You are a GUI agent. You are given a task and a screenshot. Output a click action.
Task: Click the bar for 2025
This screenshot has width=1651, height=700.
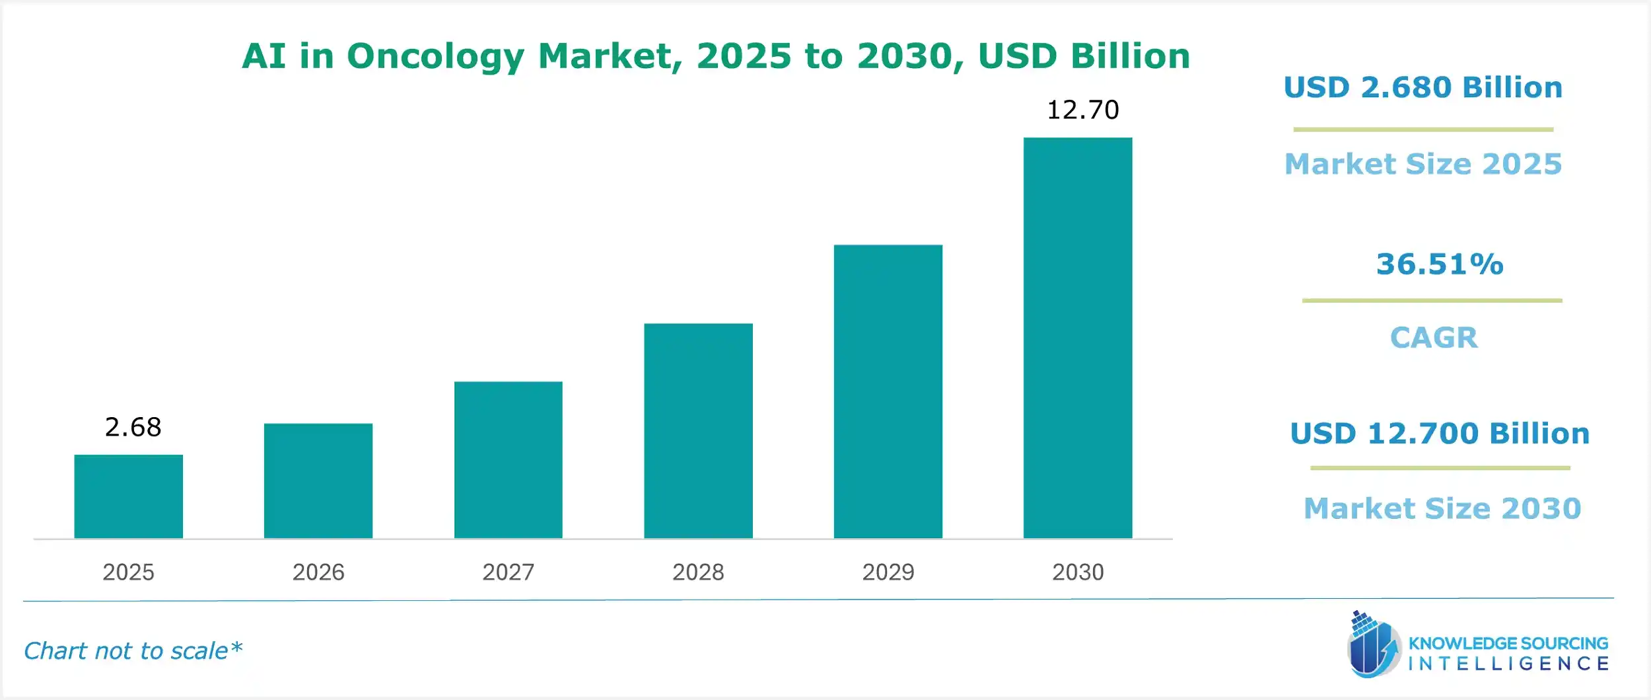point(128,496)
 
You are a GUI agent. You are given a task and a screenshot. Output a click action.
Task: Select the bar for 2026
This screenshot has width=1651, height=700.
point(318,481)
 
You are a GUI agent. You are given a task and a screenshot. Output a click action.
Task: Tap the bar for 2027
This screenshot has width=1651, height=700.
point(508,459)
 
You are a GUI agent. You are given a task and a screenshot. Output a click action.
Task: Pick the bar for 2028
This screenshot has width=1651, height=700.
point(698,430)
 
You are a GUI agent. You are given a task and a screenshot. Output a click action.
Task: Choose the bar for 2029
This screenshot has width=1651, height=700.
point(888,391)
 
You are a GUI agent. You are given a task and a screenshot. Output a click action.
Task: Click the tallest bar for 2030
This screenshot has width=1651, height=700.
point(1077,338)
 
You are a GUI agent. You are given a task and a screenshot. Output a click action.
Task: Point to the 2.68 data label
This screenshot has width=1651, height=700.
point(133,428)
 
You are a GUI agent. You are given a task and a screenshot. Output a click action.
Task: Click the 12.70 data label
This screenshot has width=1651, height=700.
point(1082,110)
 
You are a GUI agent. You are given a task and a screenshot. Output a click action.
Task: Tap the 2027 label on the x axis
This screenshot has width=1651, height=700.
point(508,572)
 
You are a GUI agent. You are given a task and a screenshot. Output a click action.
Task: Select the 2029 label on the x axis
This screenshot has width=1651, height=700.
point(888,572)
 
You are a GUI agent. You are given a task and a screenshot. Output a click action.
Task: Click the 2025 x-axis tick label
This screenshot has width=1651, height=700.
point(128,572)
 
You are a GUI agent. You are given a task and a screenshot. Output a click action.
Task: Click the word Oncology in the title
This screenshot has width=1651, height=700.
point(435,56)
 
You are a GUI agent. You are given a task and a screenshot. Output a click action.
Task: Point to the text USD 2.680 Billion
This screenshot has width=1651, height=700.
point(1423,87)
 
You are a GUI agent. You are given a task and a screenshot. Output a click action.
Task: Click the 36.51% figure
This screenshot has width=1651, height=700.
point(1440,264)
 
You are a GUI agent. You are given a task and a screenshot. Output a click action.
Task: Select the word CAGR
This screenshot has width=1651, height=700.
point(1434,338)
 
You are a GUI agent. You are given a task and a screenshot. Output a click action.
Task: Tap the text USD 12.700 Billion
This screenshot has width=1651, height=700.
point(1440,434)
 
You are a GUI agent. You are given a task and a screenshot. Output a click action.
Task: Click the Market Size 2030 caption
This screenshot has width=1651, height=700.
point(1442,508)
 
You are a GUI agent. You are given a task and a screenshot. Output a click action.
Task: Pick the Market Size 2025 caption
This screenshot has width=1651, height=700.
point(1423,164)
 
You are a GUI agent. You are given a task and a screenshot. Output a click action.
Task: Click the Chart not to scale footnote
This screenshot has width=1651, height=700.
point(133,651)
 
